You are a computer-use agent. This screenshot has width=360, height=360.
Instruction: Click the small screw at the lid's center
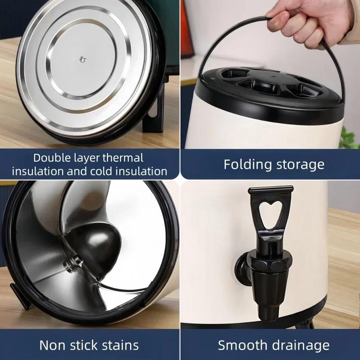tap(82, 58)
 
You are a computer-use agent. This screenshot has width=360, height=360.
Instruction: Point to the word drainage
tap(302, 346)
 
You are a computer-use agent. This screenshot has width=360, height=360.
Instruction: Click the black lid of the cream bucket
tap(270, 90)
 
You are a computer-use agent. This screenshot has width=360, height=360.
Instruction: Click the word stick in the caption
tap(81, 345)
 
